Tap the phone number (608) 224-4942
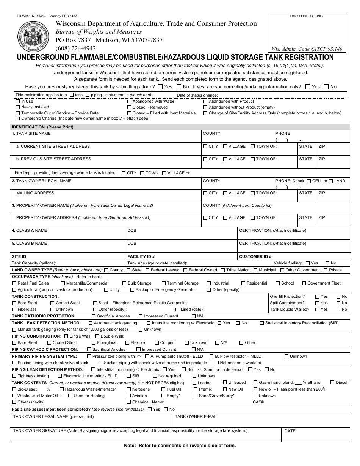(x=76, y=48)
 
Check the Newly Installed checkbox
(x=18, y=107)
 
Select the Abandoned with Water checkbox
(x=129, y=102)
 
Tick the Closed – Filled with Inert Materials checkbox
(x=129, y=113)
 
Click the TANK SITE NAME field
(x=106, y=137)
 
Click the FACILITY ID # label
(x=141, y=256)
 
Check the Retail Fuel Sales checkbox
(x=14, y=283)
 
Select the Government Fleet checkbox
(x=304, y=283)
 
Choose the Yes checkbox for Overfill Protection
(x=317, y=297)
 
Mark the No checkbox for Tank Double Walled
(x=338, y=310)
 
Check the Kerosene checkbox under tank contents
(x=129, y=389)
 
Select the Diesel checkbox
(x=332, y=383)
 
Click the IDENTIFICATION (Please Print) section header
(x=42, y=127)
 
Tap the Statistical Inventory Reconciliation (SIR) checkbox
(x=262, y=323)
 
